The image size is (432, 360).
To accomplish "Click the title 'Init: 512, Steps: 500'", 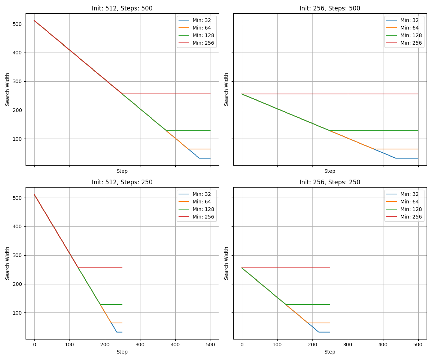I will pos(122,8).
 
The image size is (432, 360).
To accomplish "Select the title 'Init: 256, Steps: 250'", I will pos(330,182).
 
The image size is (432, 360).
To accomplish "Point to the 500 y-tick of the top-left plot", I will pos(18,24).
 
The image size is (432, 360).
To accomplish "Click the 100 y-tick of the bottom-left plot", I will pos(18,313).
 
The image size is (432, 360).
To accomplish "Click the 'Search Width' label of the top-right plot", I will pos(226,89).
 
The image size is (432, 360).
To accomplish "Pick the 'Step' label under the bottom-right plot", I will pos(330,352).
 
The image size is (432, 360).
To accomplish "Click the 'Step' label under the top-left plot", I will pos(122,171).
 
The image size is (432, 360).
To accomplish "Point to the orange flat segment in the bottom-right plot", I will pos(319,323).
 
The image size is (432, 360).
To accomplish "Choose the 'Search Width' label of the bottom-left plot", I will pos(8,263).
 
